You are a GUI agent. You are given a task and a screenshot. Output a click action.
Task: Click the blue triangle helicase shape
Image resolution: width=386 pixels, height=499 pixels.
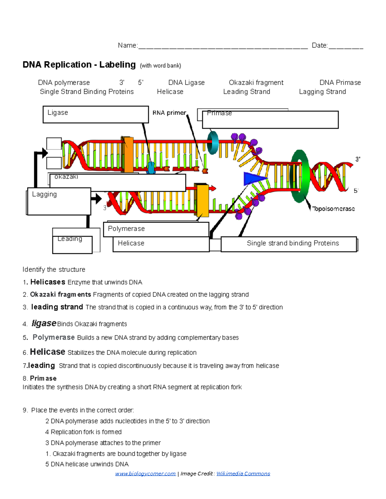point(253,178)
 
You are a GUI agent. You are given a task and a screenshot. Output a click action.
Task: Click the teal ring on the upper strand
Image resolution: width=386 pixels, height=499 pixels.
point(213,142)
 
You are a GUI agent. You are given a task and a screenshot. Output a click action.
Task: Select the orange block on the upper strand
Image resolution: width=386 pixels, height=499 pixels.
point(128,154)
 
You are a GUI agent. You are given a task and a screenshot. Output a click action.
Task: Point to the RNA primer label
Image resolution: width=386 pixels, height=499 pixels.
point(169,113)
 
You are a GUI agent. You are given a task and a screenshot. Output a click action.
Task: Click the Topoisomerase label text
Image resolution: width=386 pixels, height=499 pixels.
point(334,209)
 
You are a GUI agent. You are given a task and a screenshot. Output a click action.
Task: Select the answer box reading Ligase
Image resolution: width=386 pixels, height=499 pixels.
point(96,114)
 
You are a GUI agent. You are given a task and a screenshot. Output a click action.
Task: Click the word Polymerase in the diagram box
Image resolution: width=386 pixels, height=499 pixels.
point(126,229)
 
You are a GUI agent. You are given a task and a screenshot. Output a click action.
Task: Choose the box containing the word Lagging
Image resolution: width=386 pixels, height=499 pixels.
point(59,201)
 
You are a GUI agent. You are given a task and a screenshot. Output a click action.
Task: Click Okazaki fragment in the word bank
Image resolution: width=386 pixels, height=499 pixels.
point(256,83)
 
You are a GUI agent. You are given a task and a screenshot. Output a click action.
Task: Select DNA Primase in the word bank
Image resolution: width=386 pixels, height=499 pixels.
point(340,83)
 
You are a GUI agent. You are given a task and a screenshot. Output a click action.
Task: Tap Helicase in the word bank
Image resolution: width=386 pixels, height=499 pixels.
point(170,92)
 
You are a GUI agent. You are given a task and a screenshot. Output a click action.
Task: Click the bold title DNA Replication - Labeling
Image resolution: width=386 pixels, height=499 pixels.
point(79,65)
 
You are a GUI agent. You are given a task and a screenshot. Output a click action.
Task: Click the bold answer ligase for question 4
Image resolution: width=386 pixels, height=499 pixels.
point(44,323)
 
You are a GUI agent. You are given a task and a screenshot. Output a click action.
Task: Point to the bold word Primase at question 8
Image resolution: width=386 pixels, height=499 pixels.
point(43,378)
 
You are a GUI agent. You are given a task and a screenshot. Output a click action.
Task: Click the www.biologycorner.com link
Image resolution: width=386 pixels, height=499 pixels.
point(145,474)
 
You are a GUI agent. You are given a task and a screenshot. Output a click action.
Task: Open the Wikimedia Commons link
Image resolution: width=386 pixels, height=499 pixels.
point(243,474)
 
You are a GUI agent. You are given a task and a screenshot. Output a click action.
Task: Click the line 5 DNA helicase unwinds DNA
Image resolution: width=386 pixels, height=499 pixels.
point(87,464)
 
